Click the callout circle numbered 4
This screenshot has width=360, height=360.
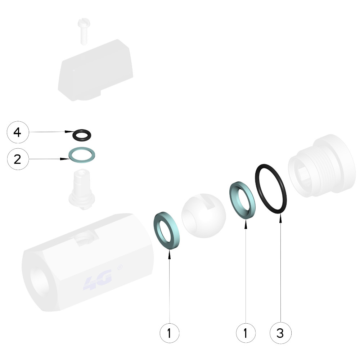pos(18,132)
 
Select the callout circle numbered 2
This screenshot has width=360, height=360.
pos(18,159)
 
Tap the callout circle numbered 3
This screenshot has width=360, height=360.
pos(280,333)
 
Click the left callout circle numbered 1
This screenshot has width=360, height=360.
pos(170,333)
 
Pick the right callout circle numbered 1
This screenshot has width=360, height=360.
pos(246,333)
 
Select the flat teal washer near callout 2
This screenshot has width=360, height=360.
pos(70,155)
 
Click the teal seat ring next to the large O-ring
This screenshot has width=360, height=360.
pos(232,195)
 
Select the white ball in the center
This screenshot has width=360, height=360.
pos(203,216)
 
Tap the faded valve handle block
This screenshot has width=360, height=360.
pos(95,71)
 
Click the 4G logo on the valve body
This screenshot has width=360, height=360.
pos(98,280)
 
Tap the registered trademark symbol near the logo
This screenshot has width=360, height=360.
pos(120,268)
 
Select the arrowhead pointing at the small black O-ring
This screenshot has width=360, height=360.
pos(69,132)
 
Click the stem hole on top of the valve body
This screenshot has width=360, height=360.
pos(85,238)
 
